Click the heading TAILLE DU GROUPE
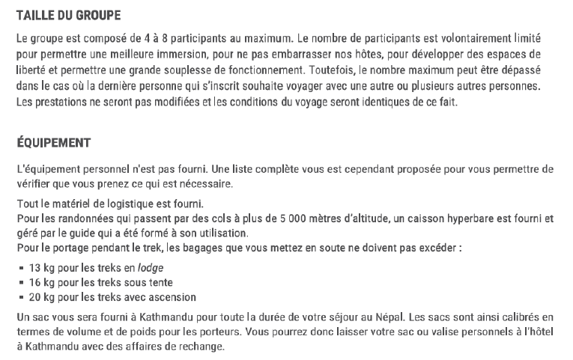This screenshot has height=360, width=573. click(x=68, y=16)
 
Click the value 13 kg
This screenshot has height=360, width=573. click(x=42, y=267)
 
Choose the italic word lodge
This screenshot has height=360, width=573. click(x=150, y=267)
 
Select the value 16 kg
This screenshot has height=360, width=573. click(x=42, y=282)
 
